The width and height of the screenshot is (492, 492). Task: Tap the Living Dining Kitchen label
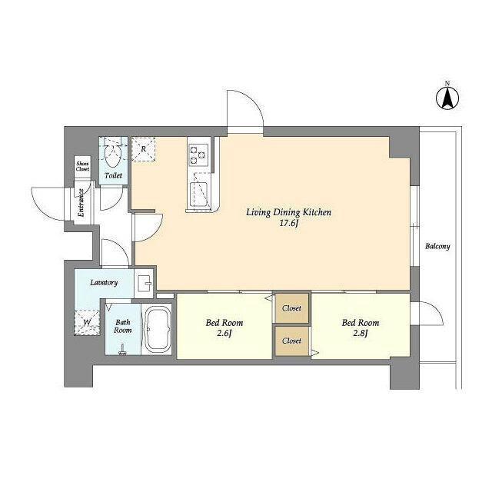pyautogui.click(x=288, y=212)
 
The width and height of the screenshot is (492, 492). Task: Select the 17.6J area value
pyautogui.click(x=288, y=224)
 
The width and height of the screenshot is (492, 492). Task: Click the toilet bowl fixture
pyautogui.click(x=113, y=155)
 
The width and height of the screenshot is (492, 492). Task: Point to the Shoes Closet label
pyautogui.click(x=83, y=166)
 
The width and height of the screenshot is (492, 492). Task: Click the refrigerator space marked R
pyautogui.click(x=144, y=149)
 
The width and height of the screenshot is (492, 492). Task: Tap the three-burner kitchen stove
pyautogui.click(x=198, y=155)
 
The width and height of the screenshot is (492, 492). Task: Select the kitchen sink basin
pyautogui.click(x=198, y=194)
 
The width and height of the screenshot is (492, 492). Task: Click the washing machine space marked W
pyautogui.click(x=87, y=322)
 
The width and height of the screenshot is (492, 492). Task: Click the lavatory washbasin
pyautogui.click(x=145, y=283)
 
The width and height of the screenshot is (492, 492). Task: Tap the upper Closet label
pyautogui.click(x=291, y=308)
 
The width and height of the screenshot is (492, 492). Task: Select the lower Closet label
pyautogui.click(x=291, y=341)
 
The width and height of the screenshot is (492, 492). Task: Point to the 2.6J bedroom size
pyautogui.click(x=224, y=333)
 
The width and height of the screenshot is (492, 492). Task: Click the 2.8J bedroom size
pyautogui.click(x=361, y=333)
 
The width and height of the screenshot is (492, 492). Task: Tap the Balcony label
pyautogui.click(x=437, y=246)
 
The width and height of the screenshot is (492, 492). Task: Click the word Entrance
pyautogui.click(x=81, y=203)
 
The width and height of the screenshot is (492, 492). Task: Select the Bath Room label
pyautogui.click(x=123, y=326)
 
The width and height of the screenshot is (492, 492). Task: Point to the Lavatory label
pyautogui.click(x=104, y=282)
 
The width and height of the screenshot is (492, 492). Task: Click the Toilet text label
pyautogui.click(x=113, y=175)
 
